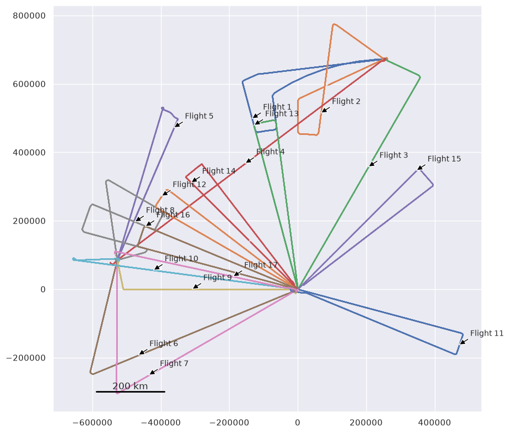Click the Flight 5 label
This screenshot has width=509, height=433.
click(199, 116)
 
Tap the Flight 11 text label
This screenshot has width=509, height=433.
click(487, 333)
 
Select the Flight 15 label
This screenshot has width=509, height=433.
click(444, 159)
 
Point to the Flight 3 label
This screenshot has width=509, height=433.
click(393, 155)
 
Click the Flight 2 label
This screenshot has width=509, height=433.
click(346, 102)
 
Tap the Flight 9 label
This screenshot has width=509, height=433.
click(217, 278)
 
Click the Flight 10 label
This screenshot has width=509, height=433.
click(181, 258)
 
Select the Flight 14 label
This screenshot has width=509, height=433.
click(219, 171)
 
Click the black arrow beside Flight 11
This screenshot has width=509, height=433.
click(464, 341)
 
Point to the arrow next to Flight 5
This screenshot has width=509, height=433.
click(179, 124)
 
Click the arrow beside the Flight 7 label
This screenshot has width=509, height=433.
click(154, 372)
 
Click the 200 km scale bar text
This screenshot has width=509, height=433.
click(130, 386)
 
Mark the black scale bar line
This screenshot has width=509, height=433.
click(131, 392)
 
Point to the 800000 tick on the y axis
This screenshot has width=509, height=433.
click(29, 16)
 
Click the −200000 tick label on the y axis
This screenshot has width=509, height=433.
click(26, 358)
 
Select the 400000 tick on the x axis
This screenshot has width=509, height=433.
click(434, 422)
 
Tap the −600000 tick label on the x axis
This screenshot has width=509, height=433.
click(92, 422)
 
